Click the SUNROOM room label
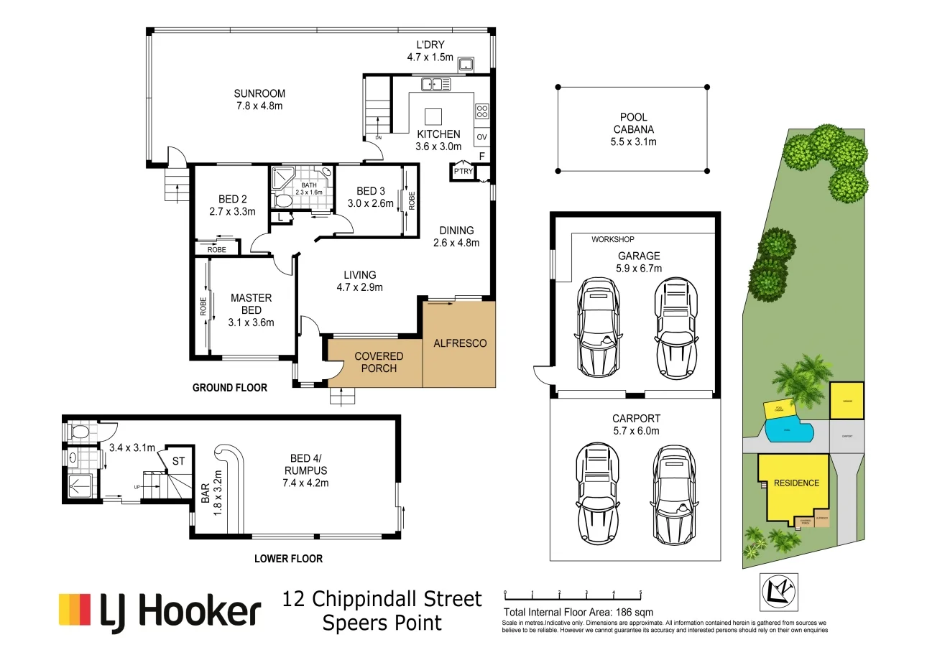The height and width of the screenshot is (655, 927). coord(259,93)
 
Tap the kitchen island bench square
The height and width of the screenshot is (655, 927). coord(433,117)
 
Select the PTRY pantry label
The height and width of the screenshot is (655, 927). coord(462,171)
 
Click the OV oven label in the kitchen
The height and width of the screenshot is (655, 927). coord(481,137)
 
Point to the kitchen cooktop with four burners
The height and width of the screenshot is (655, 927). coord(482,111)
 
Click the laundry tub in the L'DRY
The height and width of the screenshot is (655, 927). coord(466,65)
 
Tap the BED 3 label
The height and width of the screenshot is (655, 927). coord(371,191)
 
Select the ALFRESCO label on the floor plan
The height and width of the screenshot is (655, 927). coord(460,343)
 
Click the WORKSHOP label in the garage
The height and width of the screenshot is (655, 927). coord(613,239)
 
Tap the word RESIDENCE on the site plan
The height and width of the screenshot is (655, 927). coord(796,483)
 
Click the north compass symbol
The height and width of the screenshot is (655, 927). coord(779,590)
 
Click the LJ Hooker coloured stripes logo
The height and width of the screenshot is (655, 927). coord(75,609)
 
